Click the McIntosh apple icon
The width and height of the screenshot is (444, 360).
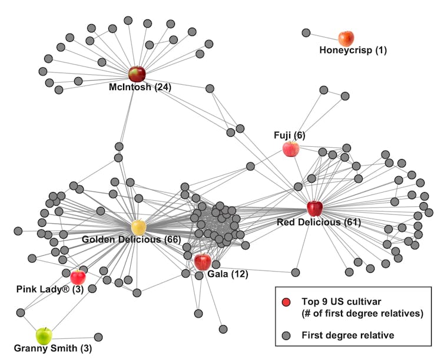click(x=137, y=74)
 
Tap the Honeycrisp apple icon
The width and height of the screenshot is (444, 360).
click(x=346, y=38)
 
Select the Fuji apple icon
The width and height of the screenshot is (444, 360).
click(x=290, y=148)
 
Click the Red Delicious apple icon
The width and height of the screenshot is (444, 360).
click(x=314, y=208)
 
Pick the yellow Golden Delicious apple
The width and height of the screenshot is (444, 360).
click(x=138, y=227)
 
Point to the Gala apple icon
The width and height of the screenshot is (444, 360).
click(x=202, y=262)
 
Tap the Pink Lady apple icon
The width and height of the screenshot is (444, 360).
click(x=78, y=276)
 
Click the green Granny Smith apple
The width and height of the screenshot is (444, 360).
click(x=44, y=336)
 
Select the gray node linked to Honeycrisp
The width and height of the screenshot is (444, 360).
click(x=306, y=33)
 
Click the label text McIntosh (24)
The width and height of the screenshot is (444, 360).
click(x=140, y=87)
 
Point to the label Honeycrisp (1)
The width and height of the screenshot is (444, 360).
click(x=353, y=50)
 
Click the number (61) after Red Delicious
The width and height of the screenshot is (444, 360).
click(x=352, y=222)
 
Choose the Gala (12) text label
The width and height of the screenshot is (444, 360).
click(x=227, y=274)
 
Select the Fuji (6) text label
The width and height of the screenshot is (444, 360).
click(x=289, y=135)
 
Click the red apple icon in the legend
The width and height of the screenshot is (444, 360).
click(x=286, y=302)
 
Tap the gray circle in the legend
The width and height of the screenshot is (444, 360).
click(x=286, y=335)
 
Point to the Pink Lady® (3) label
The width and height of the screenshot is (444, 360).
click(x=54, y=289)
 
